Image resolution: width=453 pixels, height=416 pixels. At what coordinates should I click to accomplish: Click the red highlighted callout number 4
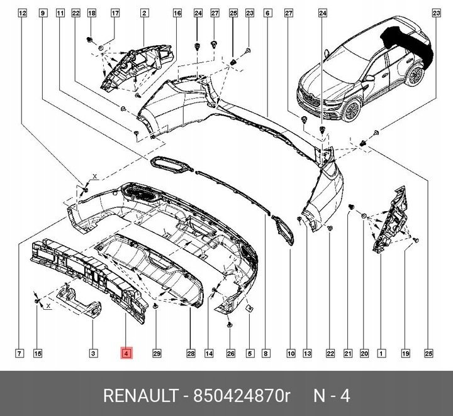coord(126,354)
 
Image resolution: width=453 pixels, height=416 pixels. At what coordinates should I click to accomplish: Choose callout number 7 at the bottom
coord(20,354)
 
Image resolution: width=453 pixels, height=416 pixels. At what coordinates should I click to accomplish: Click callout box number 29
coord(157,354)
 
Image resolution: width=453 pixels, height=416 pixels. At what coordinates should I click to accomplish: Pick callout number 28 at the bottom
coord(191,354)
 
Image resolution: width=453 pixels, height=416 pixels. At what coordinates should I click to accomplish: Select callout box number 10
coord(291,354)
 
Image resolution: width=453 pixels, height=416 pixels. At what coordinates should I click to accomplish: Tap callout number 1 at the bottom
coord(380,354)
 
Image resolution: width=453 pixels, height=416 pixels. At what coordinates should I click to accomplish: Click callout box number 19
coord(406,354)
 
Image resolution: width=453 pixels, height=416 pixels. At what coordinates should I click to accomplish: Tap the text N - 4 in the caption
coord(331,396)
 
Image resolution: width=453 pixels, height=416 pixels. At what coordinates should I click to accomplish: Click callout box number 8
coord(266,354)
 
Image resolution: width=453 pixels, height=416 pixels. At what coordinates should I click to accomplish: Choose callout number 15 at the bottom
coord(37,354)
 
